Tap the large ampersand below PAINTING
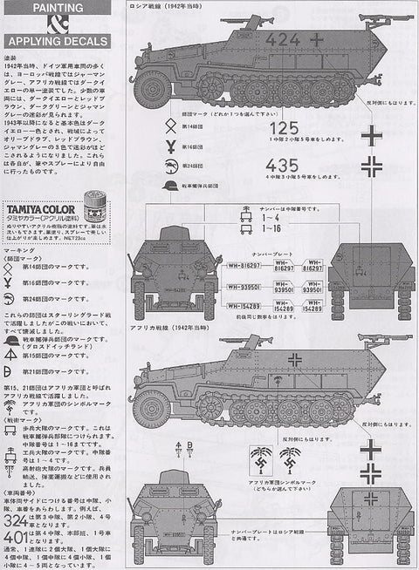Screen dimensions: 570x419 coord(55,23)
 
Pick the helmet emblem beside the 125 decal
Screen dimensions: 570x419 coord(169,186)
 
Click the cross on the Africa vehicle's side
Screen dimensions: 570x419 coord(297,359)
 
